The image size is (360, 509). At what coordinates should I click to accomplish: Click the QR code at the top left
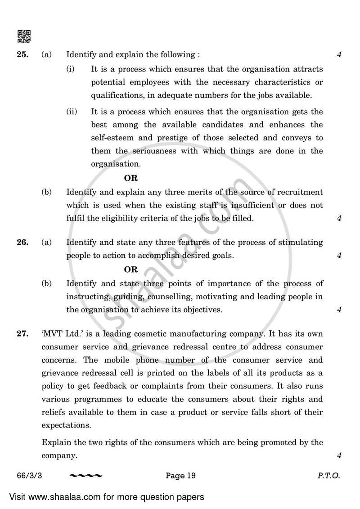24,36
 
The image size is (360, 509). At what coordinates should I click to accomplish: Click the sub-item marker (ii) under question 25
72,112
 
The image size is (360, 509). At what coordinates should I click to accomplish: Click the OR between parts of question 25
131,178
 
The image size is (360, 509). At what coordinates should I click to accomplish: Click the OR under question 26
131,269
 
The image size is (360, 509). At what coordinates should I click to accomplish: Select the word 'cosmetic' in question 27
166,334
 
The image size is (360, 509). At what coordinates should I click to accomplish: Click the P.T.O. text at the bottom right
329,475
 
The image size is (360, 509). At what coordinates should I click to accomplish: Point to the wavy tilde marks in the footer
86,476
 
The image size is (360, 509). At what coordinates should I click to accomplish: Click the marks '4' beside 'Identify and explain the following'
339,55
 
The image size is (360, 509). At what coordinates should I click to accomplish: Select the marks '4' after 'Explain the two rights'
339,455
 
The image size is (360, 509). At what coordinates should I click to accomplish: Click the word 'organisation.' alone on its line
115,164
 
